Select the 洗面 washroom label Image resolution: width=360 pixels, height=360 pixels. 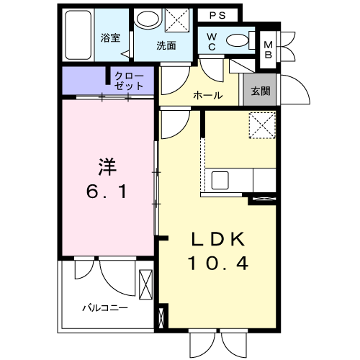(x=167, y=45)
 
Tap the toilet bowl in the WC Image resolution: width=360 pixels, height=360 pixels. (x=235, y=40)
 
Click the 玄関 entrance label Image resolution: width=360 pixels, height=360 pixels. (x=260, y=91)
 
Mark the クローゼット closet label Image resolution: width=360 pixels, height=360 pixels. (x=129, y=80)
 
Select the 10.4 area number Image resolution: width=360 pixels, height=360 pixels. (x=218, y=264)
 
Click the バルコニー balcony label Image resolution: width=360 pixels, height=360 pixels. (x=104, y=307)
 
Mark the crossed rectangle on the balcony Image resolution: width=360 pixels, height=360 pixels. (x=145, y=284)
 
